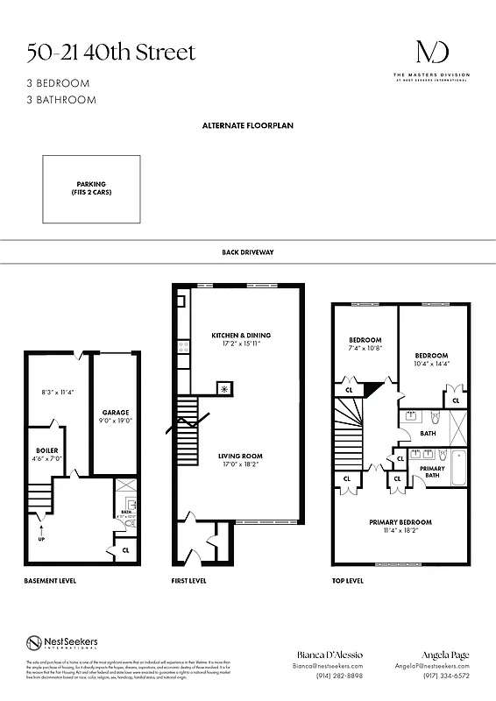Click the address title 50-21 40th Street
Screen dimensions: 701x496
(x=110, y=53)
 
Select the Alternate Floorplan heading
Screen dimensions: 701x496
(x=248, y=126)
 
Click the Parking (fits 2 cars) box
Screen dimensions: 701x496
(x=92, y=188)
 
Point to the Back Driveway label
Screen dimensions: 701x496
(x=248, y=252)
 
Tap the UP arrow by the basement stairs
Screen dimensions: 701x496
(x=40, y=529)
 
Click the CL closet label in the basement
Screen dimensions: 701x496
(x=125, y=550)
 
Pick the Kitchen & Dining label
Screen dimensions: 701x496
(x=241, y=336)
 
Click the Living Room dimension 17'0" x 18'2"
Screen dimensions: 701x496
(x=240, y=464)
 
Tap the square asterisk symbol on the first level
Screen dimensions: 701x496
(x=223, y=388)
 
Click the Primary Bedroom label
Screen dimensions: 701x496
(x=400, y=522)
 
